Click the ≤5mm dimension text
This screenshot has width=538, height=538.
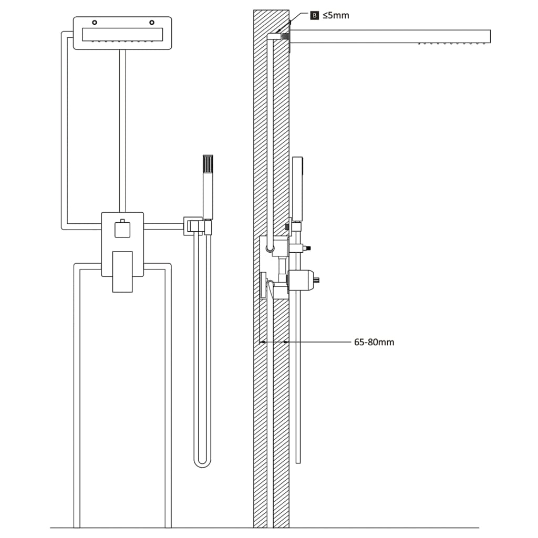coord(336,16)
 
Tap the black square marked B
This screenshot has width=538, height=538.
coord(315,15)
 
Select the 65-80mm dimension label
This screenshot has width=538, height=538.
coord(374,342)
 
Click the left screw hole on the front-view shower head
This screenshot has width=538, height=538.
coord(94,23)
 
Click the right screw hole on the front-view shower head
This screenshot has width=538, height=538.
coord(152,23)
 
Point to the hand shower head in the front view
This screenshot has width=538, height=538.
coord(208,187)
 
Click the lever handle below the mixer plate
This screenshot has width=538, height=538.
coord(122,271)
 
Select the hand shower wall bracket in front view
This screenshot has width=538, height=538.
coord(192,226)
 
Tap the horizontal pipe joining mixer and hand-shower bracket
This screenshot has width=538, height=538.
coord(163,226)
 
